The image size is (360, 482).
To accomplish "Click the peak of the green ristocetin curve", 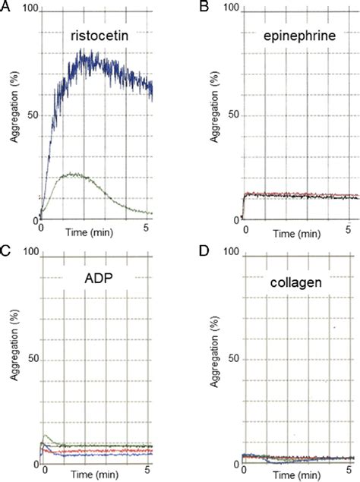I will [72, 174].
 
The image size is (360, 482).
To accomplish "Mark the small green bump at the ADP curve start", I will [48, 436].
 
